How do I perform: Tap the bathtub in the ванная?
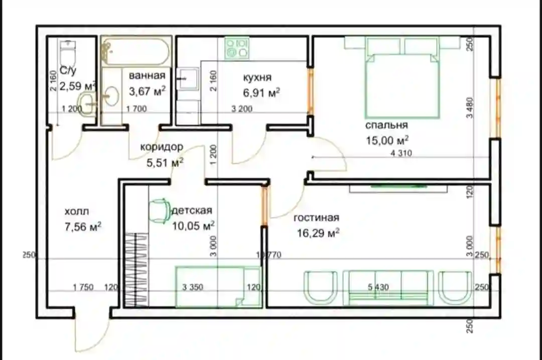click(136, 52)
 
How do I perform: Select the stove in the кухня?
click(237, 48)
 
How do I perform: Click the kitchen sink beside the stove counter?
click(188, 79)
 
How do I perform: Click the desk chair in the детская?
click(159, 211)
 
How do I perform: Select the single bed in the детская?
click(218, 287)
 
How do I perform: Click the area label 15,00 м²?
click(387, 141)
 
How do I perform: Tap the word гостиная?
click(316, 218)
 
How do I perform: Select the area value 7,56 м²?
click(83, 227)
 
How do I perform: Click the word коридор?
click(162, 147)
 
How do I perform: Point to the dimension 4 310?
click(401, 153)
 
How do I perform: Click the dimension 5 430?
click(378, 287)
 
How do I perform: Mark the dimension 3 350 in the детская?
click(193, 287)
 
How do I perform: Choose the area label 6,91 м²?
click(261, 93)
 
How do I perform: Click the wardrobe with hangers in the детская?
click(136, 270)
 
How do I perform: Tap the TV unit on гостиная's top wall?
click(398, 188)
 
